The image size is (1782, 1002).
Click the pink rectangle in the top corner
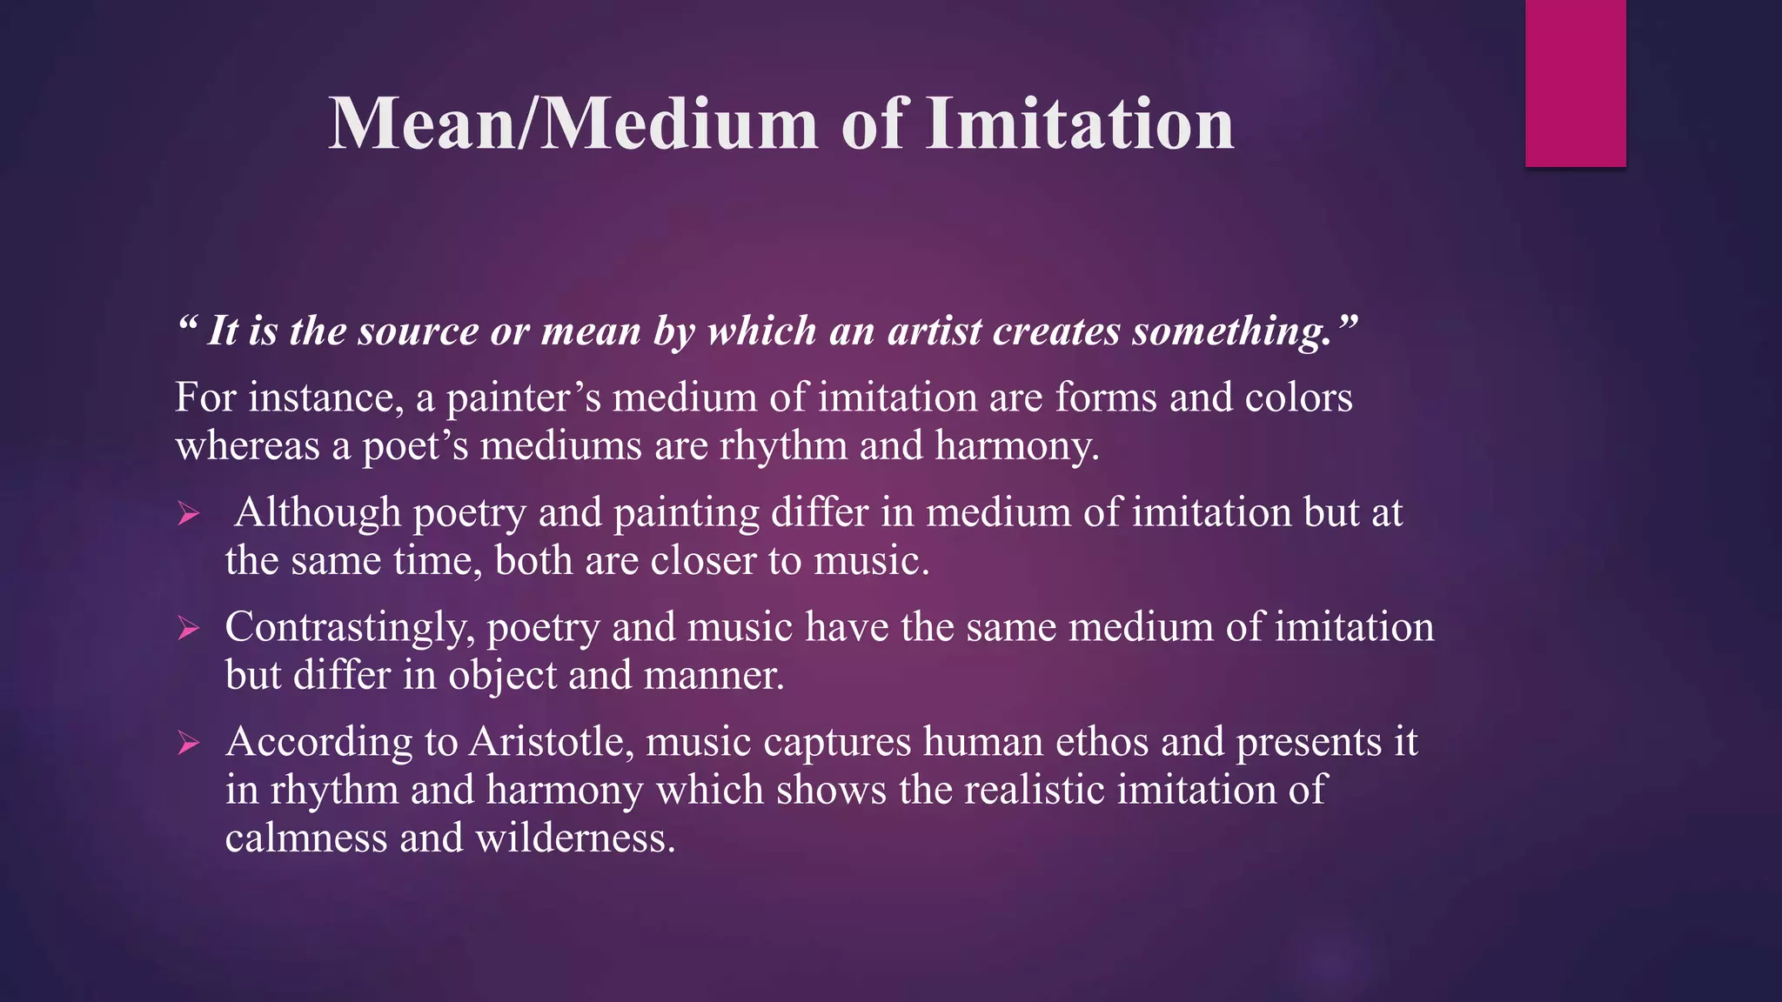pyautogui.click(x=1575, y=83)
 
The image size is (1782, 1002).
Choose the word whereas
pyautogui.click(x=248, y=445)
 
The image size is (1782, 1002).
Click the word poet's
pyautogui.click(x=415, y=445)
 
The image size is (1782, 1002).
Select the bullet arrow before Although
pyautogui.click(x=189, y=514)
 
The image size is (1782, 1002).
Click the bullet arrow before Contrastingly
pyautogui.click(x=189, y=628)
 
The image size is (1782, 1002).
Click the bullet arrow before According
pyautogui.click(x=189, y=743)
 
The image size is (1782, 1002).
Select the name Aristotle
pyautogui.click(x=552, y=742)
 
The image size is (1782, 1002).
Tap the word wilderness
pyautogui.click(x=575, y=838)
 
